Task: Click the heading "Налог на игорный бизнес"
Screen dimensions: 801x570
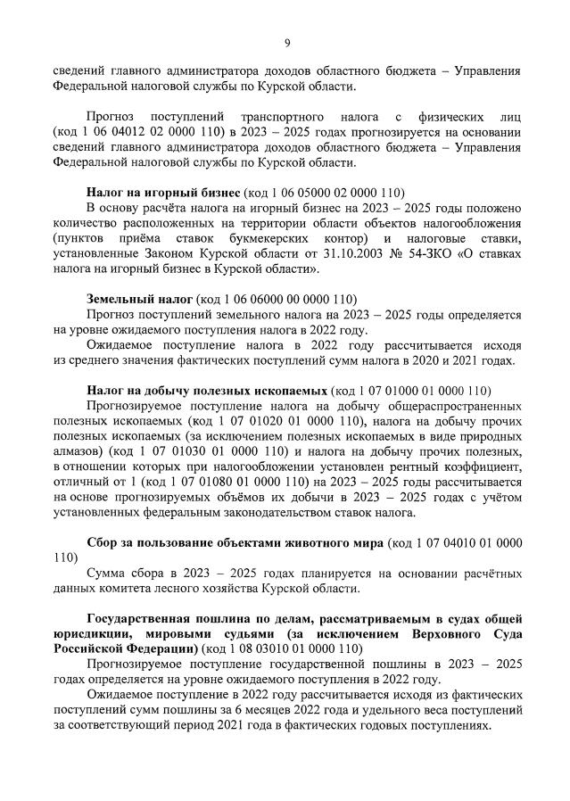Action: (x=163, y=192)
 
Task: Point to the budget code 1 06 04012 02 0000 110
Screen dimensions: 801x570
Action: (x=145, y=132)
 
